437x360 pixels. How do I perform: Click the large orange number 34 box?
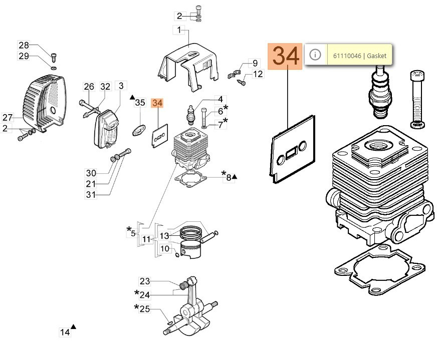tap(285, 56)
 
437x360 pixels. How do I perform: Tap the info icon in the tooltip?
tap(315, 54)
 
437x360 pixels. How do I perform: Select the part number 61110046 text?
tap(347, 56)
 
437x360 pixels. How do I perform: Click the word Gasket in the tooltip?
tap(376, 56)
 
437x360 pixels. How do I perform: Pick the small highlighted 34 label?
tap(157, 103)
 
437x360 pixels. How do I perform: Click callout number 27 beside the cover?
tap(7, 118)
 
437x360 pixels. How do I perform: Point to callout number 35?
tap(140, 103)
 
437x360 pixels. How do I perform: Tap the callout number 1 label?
tap(179, 30)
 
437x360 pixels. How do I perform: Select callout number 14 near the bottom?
tap(65, 332)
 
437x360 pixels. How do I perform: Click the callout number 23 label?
tap(145, 281)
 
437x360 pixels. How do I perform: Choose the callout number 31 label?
tap(91, 194)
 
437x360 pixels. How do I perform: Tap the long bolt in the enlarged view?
tap(417, 99)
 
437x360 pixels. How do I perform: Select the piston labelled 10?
tap(190, 249)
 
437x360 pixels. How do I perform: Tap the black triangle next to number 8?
tap(235, 177)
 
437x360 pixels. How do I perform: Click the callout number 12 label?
tap(258, 74)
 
